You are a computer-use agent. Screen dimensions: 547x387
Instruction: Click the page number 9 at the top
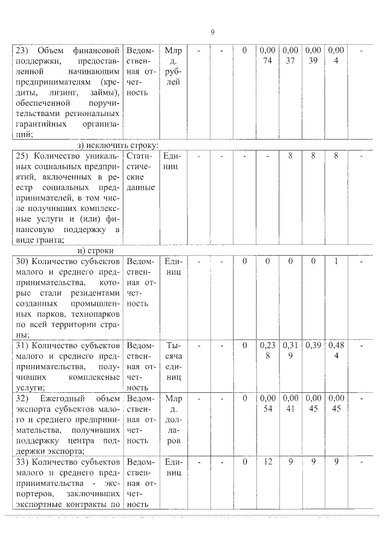tap(212, 32)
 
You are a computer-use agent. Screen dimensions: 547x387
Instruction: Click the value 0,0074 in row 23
tap(267, 55)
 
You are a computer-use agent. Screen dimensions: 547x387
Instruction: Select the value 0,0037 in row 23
tap(290, 55)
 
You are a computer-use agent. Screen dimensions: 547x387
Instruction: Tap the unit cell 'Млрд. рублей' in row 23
tap(172, 66)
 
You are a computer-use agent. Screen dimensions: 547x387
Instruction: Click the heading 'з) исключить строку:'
tap(118, 146)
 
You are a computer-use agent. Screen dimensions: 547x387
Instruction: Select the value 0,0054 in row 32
tap(267, 403)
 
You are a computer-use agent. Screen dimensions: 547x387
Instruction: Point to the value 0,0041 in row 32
tap(290, 403)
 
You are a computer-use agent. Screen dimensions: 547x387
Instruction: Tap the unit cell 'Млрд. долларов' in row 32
tap(172, 419)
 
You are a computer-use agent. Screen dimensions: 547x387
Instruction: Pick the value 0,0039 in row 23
tap(313, 55)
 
